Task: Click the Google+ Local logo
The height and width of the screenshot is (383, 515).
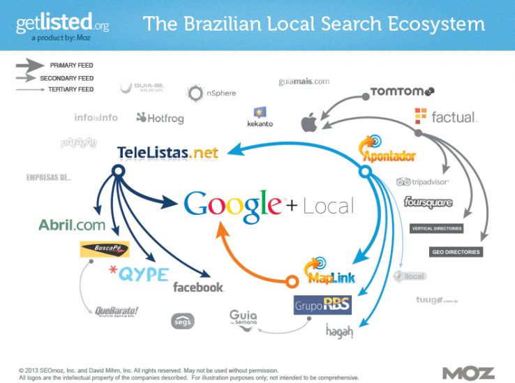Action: pos(268,204)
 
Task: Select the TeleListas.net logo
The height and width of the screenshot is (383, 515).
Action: pos(167,152)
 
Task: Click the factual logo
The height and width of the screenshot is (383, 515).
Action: pos(445,117)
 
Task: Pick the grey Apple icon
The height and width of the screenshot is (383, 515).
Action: pos(308,123)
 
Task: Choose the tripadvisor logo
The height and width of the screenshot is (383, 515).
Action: pos(422,181)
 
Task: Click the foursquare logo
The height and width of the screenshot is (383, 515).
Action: pos(428,203)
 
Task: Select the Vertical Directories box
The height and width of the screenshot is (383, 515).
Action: pos(437,229)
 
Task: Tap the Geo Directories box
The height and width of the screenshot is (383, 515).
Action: pos(456,252)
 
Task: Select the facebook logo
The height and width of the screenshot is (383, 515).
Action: pos(198,287)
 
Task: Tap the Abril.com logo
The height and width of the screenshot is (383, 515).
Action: pos(72,225)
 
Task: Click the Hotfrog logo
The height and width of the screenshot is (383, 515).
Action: pos(160,118)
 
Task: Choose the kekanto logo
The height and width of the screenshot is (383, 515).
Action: pos(260,117)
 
